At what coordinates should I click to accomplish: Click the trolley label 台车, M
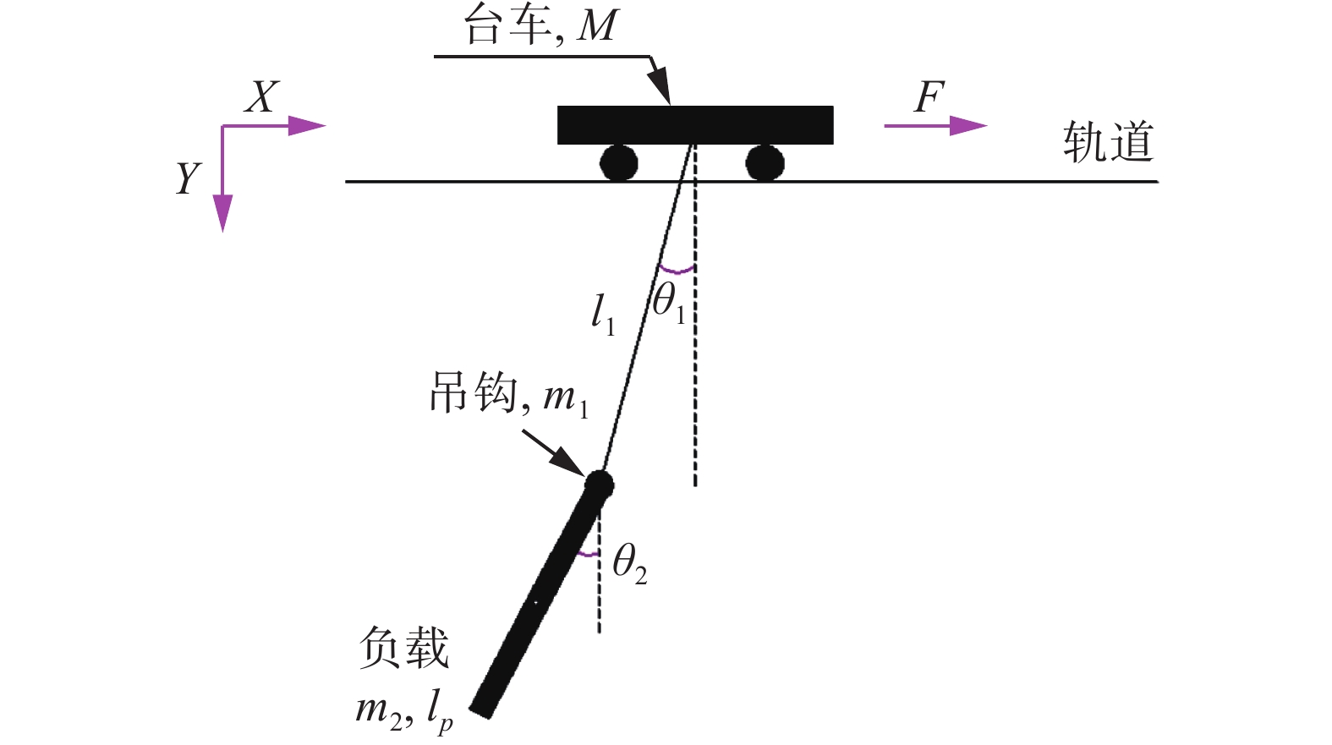[541, 25]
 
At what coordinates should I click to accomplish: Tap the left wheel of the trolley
[618, 162]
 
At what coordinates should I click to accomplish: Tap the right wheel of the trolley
[765, 162]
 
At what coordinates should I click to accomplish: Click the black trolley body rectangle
[695, 125]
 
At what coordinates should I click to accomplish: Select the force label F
[929, 97]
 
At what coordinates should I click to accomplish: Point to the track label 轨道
[1108, 142]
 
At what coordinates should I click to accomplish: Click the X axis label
[261, 97]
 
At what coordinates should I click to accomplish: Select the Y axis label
[188, 178]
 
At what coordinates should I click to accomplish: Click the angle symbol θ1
[669, 301]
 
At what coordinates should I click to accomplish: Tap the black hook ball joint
[599, 485]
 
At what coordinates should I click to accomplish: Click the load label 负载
[403, 649]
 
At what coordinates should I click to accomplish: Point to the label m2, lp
[404, 710]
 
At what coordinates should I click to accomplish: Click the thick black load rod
[541, 600]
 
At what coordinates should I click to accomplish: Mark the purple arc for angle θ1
[677, 270]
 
